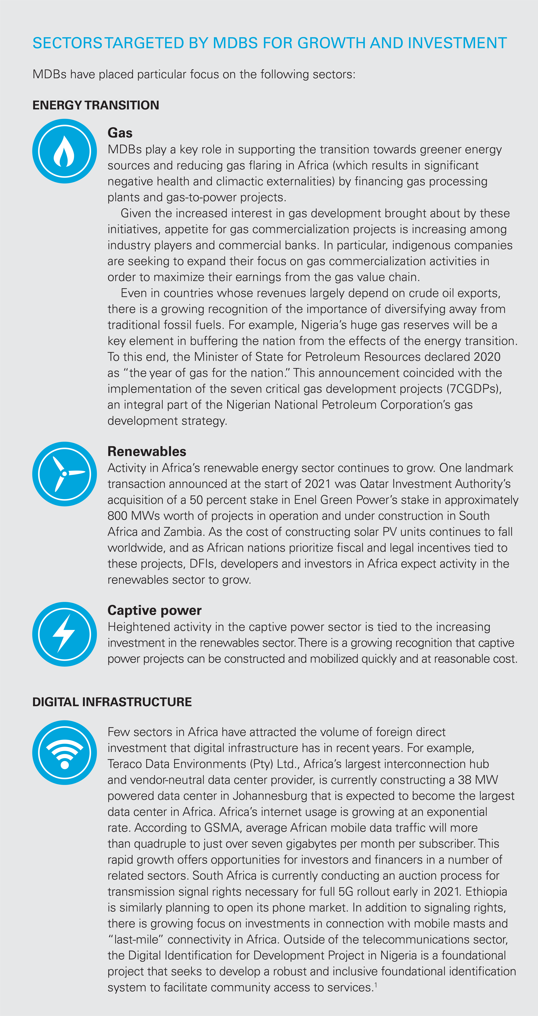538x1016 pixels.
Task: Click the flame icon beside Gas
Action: click(x=64, y=151)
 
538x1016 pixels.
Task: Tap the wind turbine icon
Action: click(x=64, y=474)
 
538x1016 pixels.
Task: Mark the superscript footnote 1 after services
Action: click(x=376, y=985)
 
